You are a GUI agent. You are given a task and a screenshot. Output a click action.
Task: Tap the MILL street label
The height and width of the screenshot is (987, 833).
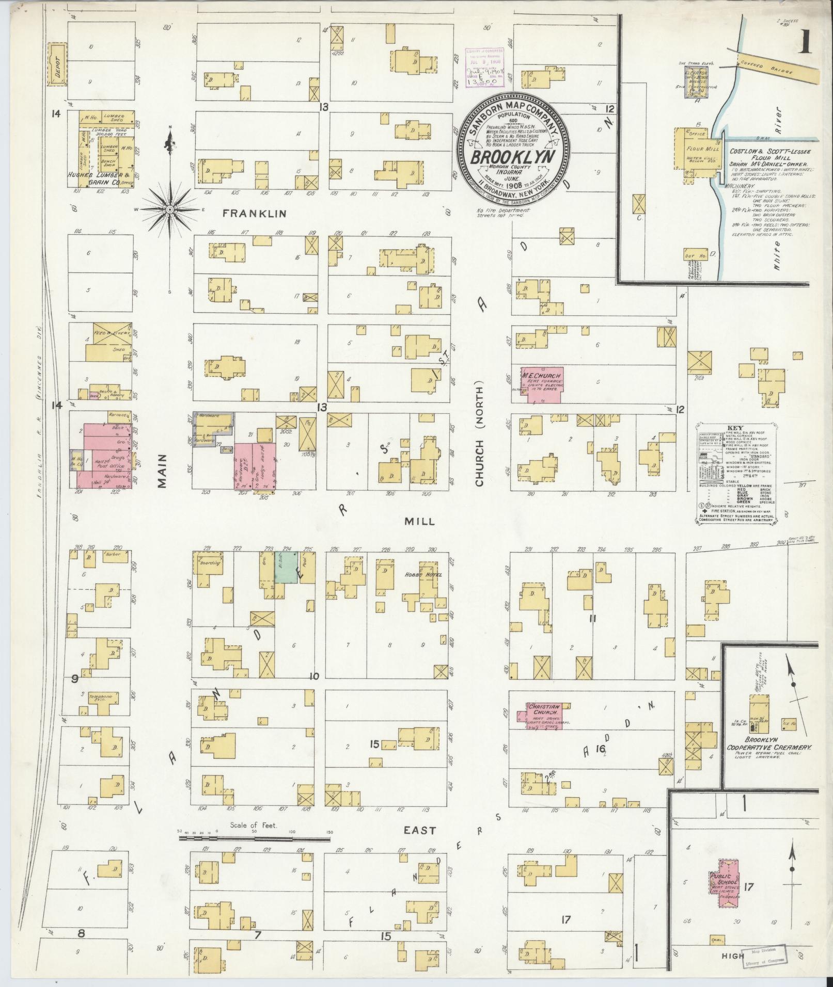coord(419,522)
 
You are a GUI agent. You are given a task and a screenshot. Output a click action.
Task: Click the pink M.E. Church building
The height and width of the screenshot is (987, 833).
coord(541,383)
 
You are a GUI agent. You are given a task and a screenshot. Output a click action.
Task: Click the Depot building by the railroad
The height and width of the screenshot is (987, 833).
coord(57,63)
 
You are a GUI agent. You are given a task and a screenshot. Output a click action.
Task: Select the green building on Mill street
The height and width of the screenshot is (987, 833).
coord(286,567)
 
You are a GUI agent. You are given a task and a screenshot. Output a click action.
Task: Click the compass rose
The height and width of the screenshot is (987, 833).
coord(170,209)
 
